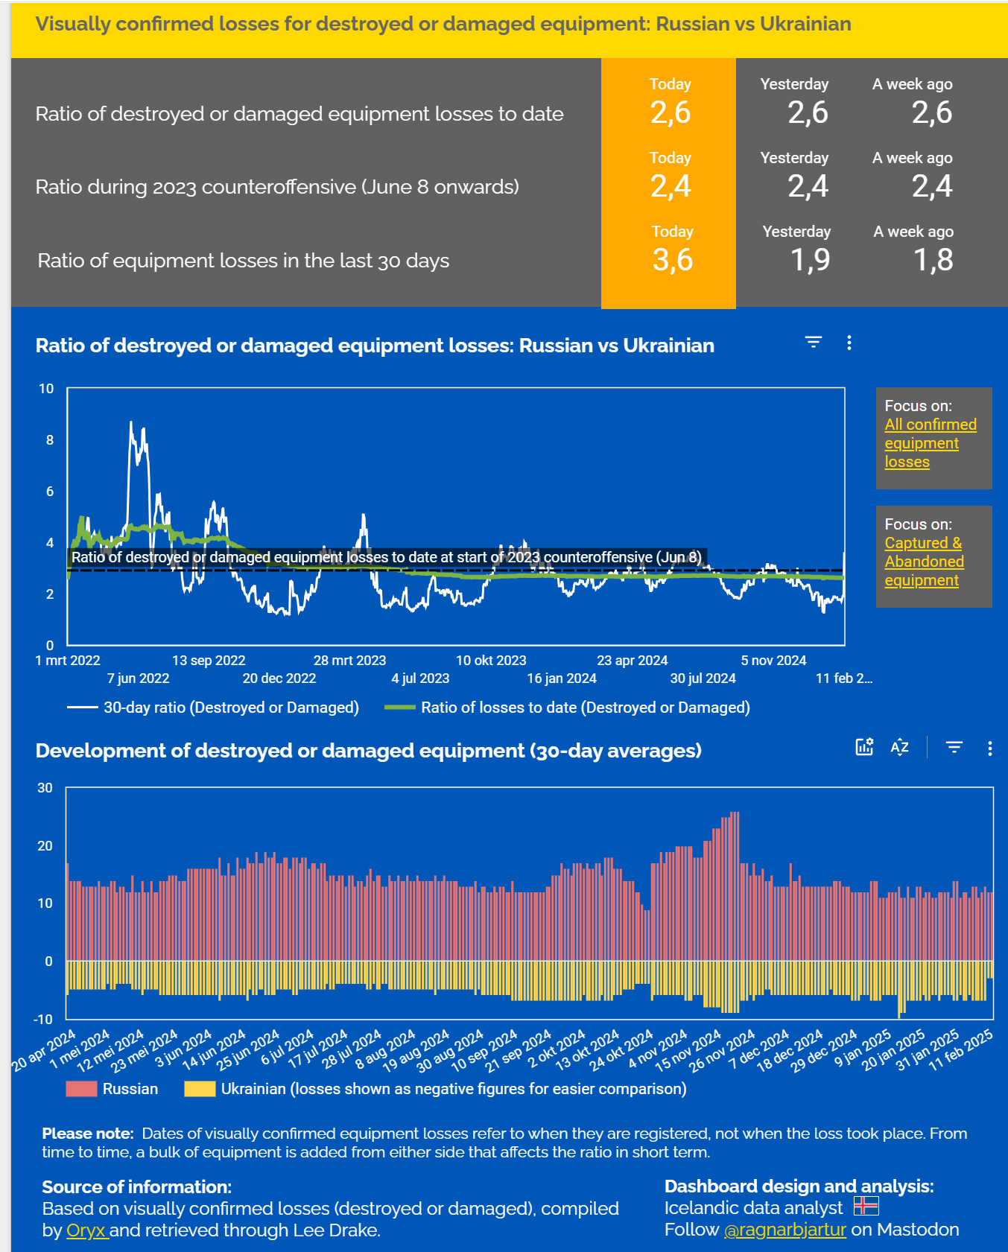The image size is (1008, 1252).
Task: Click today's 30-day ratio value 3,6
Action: coord(673,260)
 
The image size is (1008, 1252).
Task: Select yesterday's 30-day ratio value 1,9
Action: coord(810,260)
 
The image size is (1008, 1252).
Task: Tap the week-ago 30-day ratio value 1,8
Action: coord(933,260)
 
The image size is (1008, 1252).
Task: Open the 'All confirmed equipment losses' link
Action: coord(930,443)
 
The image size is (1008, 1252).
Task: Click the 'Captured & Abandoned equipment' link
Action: coord(924,562)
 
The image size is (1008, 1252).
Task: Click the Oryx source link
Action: coord(86,1230)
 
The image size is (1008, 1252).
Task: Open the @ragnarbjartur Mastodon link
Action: coord(784,1230)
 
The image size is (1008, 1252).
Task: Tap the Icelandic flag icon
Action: coord(866,1206)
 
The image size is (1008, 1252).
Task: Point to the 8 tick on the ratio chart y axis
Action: coord(50,440)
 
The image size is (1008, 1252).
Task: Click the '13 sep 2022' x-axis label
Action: coord(209,661)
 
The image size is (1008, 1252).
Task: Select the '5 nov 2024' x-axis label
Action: coord(773,661)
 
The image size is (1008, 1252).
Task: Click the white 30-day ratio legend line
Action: coord(83,708)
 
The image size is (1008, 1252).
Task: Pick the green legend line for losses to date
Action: coord(399,708)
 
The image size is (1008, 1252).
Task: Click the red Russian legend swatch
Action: coord(81,1089)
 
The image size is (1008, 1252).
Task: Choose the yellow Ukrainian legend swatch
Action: coord(200,1089)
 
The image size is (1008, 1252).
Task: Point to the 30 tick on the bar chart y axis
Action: coord(45,788)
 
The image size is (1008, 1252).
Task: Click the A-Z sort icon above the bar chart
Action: coord(899,747)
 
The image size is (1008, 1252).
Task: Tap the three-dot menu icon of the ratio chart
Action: coord(849,343)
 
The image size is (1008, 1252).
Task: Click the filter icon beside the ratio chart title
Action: coord(813,343)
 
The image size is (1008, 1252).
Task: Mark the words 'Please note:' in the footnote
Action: coord(88,1134)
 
